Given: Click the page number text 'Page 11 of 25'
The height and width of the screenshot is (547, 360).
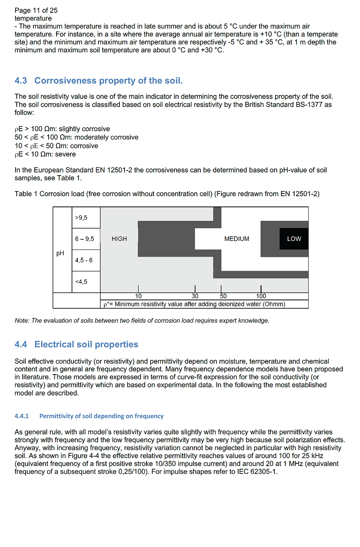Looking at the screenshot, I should tap(36, 11).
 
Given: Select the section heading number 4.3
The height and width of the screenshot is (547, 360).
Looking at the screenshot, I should tap(21, 81).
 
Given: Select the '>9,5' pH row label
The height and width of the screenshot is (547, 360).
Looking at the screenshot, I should tap(81, 218).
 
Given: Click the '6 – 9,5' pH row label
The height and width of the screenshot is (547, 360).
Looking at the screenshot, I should tap(84, 239).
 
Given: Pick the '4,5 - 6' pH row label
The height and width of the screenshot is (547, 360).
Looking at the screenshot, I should tap(84, 260).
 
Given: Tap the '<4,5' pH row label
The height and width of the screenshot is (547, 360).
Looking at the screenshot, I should tap(81, 282).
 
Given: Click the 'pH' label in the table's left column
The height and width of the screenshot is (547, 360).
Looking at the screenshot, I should tap(60, 253).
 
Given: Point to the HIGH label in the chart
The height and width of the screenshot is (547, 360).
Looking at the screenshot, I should tap(119, 239).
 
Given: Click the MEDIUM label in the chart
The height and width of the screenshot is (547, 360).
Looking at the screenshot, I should tap(237, 239).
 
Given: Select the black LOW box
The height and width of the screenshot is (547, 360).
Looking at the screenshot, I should tap(294, 239).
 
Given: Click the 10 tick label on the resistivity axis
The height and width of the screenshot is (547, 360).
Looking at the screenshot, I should tap(139, 296).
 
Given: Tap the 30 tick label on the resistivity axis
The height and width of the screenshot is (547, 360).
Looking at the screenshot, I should tap(195, 296).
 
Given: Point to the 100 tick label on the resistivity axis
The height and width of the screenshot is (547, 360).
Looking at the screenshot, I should tap(261, 296).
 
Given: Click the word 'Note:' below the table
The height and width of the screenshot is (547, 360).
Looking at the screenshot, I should tap(22, 321).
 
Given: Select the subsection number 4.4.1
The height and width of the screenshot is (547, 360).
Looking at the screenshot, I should tap(22, 416).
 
